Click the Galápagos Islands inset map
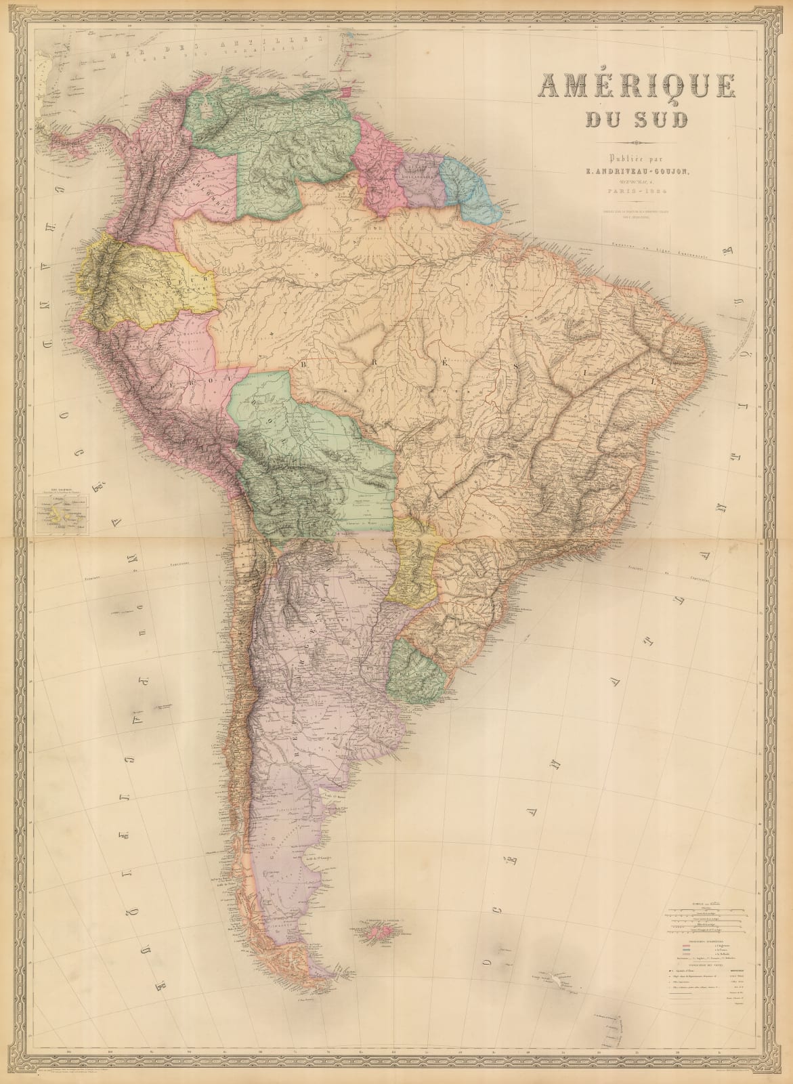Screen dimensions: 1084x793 point(59,517)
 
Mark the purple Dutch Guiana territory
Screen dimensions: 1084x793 point(420,180)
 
